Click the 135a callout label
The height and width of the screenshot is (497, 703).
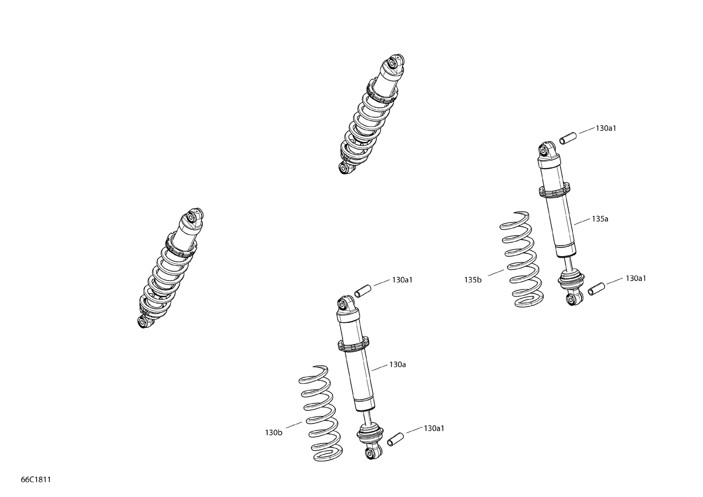(x=599, y=219)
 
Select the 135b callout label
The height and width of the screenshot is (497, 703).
(x=473, y=280)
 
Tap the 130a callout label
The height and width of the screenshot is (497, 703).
(x=397, y=364)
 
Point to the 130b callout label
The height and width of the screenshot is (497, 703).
(x=273, y=432)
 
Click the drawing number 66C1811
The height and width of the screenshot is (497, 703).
(x=36, y=480)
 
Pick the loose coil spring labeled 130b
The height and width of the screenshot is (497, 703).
(x=320, y=411)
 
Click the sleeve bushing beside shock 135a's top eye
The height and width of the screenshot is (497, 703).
(x=567, y=140)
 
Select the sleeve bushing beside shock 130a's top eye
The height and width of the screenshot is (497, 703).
(x=363, y=290)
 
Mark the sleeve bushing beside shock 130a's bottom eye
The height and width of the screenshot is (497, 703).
(x=395, y=439)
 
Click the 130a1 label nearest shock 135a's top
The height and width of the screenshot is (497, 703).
(x=606, y=128)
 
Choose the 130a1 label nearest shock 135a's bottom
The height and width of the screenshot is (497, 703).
(x=636, y=278)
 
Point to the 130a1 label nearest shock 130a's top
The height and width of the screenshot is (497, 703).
(x=402, y=280)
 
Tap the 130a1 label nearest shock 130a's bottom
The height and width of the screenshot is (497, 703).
(x=434, y=428)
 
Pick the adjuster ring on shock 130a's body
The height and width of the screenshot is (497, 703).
(x=352, y=344)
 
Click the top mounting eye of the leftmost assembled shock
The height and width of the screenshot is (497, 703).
(x=192, y=216)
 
